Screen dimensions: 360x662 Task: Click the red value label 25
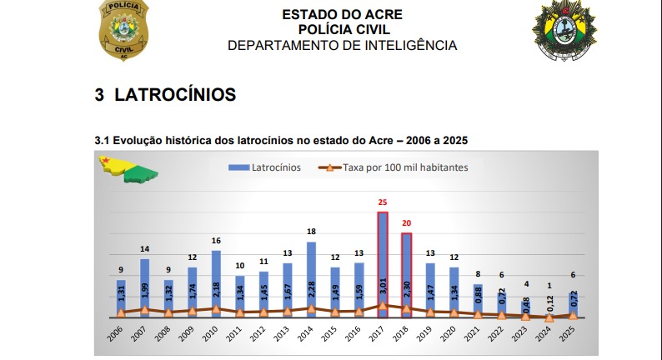[383, 202]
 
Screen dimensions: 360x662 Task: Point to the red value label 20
[407, 223]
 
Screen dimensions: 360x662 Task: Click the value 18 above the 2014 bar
[311, 232]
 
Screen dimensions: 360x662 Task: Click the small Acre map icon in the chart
[128, 171]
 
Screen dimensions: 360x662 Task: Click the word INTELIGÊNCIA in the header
[409, 45]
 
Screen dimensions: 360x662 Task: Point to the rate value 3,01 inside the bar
[383, 287]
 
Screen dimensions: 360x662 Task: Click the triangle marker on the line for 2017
[383, 306]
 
